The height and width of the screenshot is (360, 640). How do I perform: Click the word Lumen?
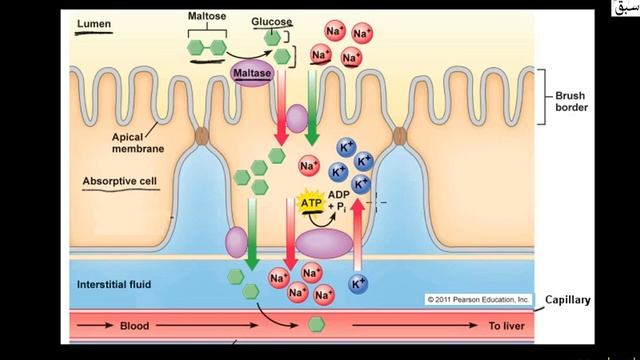pyautogui.click(x=95, y=24)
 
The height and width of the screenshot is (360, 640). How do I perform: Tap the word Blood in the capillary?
pyautogui.click(x=134, y=326)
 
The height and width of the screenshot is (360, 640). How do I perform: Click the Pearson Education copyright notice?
pyautogui.click(x=477, y=299)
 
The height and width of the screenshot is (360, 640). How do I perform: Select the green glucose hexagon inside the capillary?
pyautogui.click(x=316, y=324)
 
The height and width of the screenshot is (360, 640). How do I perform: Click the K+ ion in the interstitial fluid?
pyautogui.click(x=356, y=285)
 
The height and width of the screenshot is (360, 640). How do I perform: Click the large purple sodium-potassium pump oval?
pyautogui.click(x=331, y=244)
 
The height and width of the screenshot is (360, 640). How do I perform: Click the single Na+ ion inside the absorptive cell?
pyautogui.click(x=309, y=163)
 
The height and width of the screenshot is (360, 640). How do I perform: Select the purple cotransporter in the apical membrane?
pyautogui.click(x=297, y=122)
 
